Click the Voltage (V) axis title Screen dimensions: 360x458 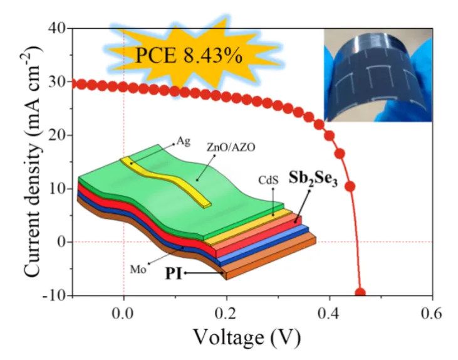click(x=246, y=337)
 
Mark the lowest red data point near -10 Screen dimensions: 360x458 click(x=360, y=293)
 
